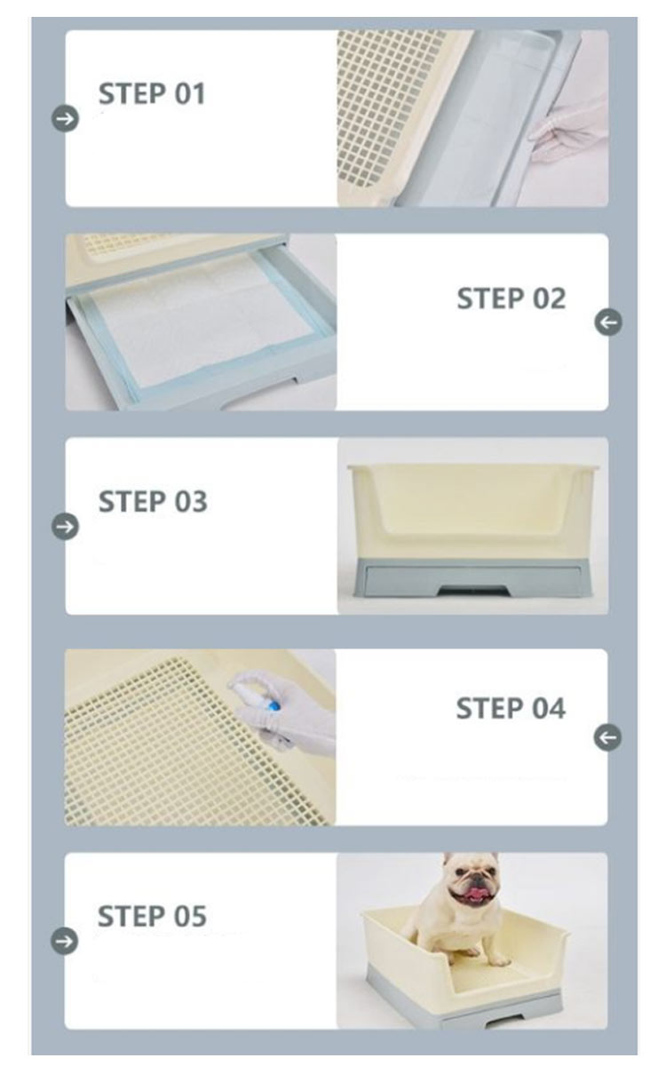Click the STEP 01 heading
pyautogui.click(x=152, y=93)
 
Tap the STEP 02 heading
pyautogui.click(x=511, y=298)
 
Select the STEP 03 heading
pyautogui.click(x=153, y=501)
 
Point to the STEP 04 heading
pyautogui.click(x=511, y=708)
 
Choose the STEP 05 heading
pyautogui.click(x=152, y=916)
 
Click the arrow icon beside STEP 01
pyautogui.click(x=65, y=118)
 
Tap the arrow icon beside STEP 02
pyautogui.click(x=608, y=322)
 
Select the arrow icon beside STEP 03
pyautogui.click(x=65, y=526)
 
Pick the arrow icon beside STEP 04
pyautogui.click(x=607, y=737)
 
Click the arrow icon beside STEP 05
pyautogui.click(x=64, y=941)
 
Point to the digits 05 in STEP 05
pyautogui.click(x=189, y=916)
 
